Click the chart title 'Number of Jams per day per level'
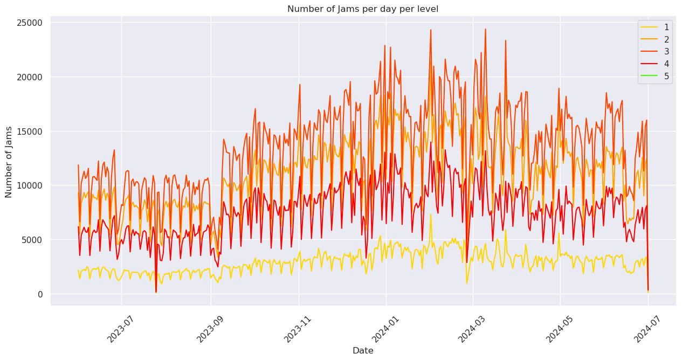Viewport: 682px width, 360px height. [362, 9]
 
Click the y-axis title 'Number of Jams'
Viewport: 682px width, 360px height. [9, 162]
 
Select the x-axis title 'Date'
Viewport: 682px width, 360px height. [362, 350]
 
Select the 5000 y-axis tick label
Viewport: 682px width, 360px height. [34, 240]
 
